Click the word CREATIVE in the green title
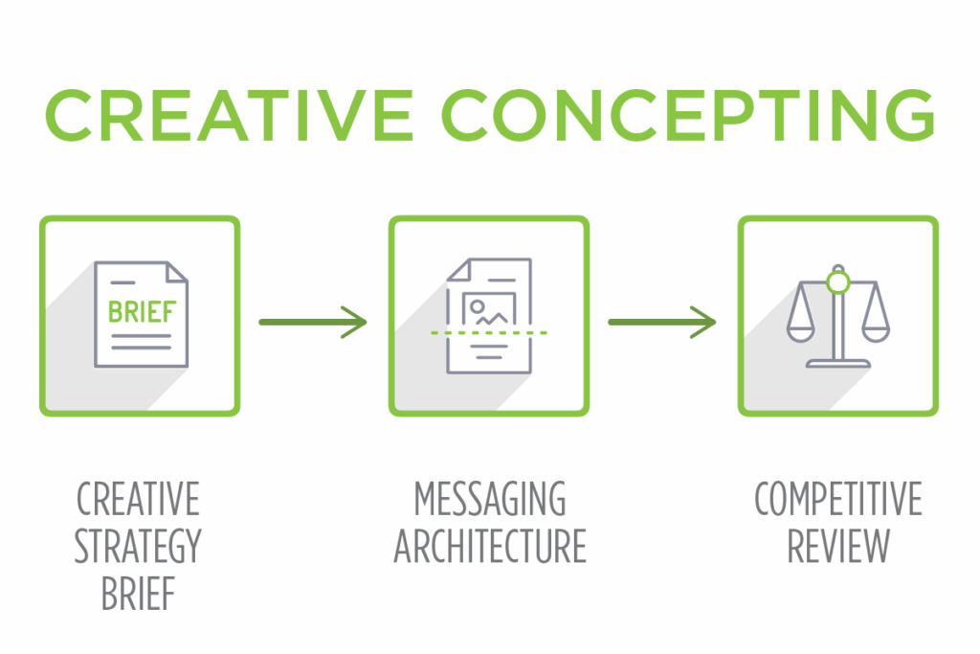(x=229, y=116)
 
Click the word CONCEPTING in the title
(x=688, y=116)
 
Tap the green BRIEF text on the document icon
(x=142, y=311)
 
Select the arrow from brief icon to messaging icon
(x=313, y=322)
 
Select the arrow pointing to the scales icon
(x=662, y=322)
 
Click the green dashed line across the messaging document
(x=489, y=332)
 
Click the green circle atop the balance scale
(x=837, y=282)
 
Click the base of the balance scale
(x=837, y=363)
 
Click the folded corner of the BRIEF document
(x=177, y=272)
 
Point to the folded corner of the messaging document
(x=458, y=269)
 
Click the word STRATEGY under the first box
(x=138, y=546)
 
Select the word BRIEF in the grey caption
(x=138, y=594)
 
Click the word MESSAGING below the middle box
(x=490, y=498)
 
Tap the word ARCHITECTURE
(x=490, y=546)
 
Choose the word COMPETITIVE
(x=838, y=498)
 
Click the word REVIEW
(x=838, y=546)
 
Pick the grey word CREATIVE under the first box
(x=138, y=498)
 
